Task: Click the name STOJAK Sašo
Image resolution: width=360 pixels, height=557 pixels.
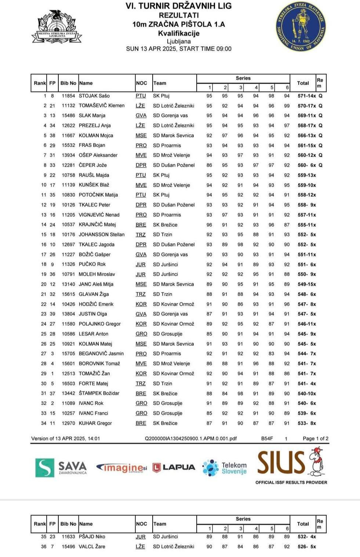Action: point(94,96)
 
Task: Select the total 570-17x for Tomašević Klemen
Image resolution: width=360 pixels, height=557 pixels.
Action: point(306,106)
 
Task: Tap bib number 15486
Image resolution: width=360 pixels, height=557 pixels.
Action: point(68,116)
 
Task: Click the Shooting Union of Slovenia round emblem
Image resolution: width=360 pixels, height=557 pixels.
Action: point(301,27)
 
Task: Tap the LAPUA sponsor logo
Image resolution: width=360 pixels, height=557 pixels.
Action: point(174,467)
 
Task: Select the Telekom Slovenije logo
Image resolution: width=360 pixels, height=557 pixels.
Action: point(225,468)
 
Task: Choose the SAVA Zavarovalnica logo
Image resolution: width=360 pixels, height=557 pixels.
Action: point(61,467)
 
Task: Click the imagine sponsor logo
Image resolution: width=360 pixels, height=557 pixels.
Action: point(121,468)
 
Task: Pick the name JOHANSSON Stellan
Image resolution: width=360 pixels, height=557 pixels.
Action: point(102,234)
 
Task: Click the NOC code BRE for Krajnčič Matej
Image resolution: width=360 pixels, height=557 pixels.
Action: point(141,225)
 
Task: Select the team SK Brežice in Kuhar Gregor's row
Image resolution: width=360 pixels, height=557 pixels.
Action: point(165,423)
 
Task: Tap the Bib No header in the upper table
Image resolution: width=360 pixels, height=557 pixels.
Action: point(68,83)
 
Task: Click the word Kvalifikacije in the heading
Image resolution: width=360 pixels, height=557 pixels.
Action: point(179,33)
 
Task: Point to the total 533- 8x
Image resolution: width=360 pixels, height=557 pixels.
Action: point(306,423)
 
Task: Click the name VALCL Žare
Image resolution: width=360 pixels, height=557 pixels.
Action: point(92,546)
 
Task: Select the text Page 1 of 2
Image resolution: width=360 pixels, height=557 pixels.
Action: point(315,438)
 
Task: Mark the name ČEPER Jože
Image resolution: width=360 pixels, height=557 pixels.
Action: point(92,165)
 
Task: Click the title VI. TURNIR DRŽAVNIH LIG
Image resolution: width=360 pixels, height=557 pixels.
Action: point(179,6)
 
